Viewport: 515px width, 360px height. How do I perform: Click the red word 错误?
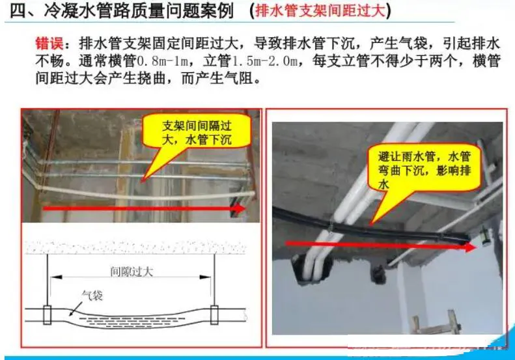pyautogui.click(x=49, y=44)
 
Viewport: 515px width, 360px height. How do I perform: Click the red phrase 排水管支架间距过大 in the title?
pyautogui.click(x=320, y=11)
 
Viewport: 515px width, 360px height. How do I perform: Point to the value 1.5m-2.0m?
pyautogui.click(x=265, y=61)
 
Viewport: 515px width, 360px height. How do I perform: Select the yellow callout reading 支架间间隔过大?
pyautogui.click(x=197, y=132)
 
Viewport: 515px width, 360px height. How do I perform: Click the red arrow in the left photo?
pyautogui.click(x=144, y=208)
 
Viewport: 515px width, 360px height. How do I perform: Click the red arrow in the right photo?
pyautogui.click(x=381, y=245)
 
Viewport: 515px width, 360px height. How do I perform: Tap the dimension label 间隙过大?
pyautogui.click(x=132, y=272)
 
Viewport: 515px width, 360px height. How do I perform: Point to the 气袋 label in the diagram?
pyautogui.click(x=92, y=296)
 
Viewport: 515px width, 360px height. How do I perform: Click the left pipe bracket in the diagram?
pyautogui.click(x=48, y=315)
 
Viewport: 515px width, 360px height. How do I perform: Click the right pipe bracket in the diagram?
pyautogui.click(x=214, y=315)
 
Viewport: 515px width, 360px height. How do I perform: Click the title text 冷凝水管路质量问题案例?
pyautogui.click(x=138, y=11)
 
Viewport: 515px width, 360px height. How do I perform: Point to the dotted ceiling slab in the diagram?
pyautogui.click(x=135, y=247)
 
